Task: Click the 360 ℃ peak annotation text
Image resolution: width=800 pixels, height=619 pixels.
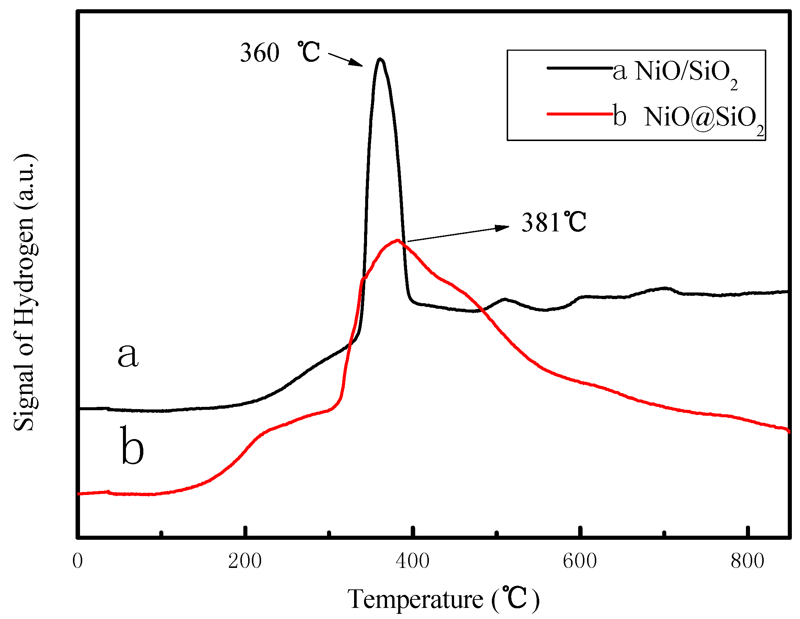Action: (280, 52)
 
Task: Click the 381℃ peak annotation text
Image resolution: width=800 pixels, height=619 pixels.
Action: (553, 222)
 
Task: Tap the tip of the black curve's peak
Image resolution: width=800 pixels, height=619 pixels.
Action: (380, 59)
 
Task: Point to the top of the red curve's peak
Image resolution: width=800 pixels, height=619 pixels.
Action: (397, 240)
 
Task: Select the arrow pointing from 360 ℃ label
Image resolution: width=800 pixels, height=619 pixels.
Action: (345, 60)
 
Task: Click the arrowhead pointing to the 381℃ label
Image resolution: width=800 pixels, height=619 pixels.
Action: (503, 227)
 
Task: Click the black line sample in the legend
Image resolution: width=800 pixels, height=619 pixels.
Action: (580, 68)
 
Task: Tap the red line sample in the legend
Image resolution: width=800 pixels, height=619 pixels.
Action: (580, 114)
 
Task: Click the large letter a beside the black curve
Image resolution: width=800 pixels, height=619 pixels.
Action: (128, 355)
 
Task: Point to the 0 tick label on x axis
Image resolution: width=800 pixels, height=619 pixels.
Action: (77, 561)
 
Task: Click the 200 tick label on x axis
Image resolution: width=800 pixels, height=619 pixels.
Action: (245, 561)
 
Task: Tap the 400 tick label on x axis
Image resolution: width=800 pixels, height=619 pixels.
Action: (412, 561)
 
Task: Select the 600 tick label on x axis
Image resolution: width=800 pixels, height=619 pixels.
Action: (580, 561)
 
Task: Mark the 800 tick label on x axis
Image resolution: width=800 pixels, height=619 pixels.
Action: (747, 561)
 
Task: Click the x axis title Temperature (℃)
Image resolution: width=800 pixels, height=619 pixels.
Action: (443, 599)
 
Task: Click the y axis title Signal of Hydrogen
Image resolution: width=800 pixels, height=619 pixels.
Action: (24, 292)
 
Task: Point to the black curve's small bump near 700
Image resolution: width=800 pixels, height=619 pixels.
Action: (665, 288)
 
